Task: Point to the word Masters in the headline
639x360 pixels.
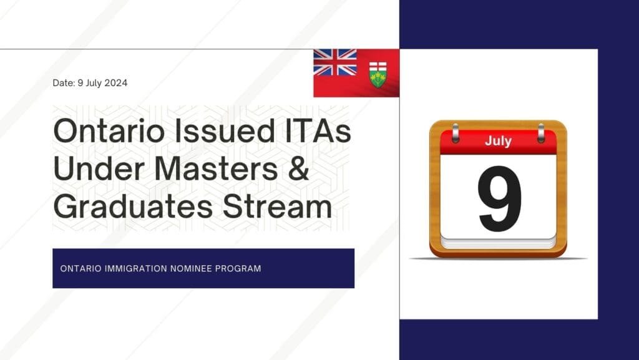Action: (217, 168)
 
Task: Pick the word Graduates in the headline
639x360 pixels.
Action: (133, 207)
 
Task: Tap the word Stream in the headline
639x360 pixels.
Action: (277, 207)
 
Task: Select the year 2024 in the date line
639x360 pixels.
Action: (116, 83)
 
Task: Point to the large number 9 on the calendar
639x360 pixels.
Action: (499, 198)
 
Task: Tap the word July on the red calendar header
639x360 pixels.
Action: (499, 141)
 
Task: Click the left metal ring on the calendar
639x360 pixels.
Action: (456, 133)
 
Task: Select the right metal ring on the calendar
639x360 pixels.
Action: (541, 133)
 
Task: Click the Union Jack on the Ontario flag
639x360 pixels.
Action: (335, 62)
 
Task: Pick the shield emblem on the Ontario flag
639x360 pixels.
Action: (378, 74)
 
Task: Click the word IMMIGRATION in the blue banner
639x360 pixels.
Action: (135, 269)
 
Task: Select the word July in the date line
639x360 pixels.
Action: (94, 83)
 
